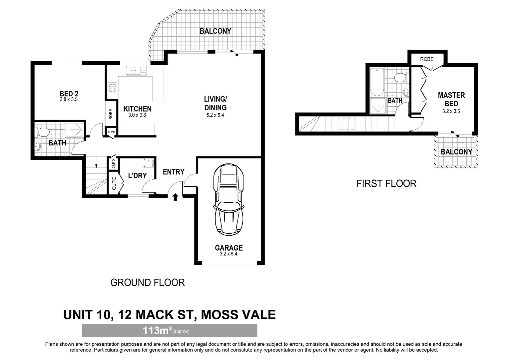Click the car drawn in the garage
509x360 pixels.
(229, 200)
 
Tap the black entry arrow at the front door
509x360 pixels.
(175, 197)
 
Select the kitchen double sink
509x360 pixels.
(136, 70)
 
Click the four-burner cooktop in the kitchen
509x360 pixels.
(113, 88)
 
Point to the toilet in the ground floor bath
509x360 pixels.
(43, 132)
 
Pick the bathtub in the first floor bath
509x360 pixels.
(377, 82)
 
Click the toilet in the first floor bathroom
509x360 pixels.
(401, 78)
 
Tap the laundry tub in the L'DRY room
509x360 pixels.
(149, 163)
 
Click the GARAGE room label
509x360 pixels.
(229, 248)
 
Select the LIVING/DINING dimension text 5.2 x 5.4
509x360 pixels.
(215, 115)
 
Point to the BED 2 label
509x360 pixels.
(69, 93)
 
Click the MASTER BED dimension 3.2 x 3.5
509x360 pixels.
(451, 111)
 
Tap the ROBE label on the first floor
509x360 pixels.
(427, 59)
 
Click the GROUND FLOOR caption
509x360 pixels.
(148, 282)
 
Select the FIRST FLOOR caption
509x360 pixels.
(386, 184)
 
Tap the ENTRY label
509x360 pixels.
(174, 172)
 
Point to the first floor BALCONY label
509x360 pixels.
(456, 152)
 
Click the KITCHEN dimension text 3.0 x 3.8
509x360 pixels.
(137, 115)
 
